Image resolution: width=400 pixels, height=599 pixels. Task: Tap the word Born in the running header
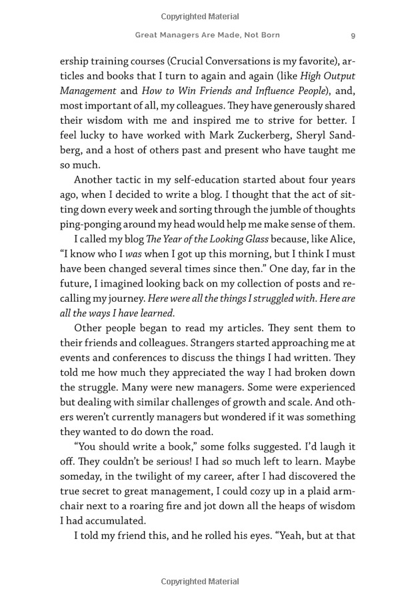269,35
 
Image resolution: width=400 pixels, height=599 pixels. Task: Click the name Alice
341,239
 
